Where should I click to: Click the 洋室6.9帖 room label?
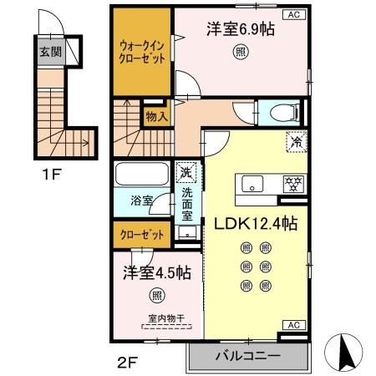click(x=241, y=28)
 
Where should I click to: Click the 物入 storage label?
click(x=155, y=116)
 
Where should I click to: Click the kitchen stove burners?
click(x=293, y=183)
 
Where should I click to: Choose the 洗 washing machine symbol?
click(x=185, y=172)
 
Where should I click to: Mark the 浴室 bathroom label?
click(x=141, y=201)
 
